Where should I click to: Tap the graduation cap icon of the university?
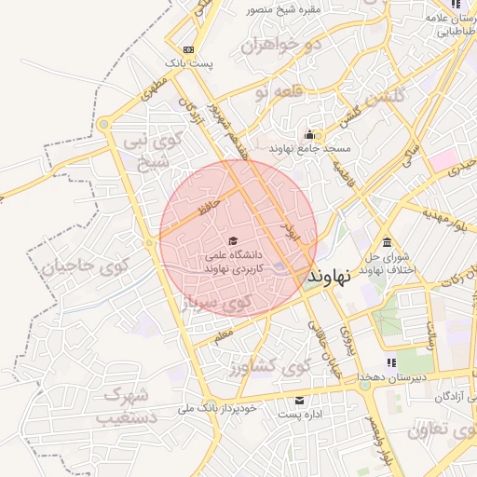(232, 240)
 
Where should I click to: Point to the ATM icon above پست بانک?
(190, 49)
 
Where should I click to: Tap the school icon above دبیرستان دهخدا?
(392, 361)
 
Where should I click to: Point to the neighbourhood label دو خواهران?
(280, 45)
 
